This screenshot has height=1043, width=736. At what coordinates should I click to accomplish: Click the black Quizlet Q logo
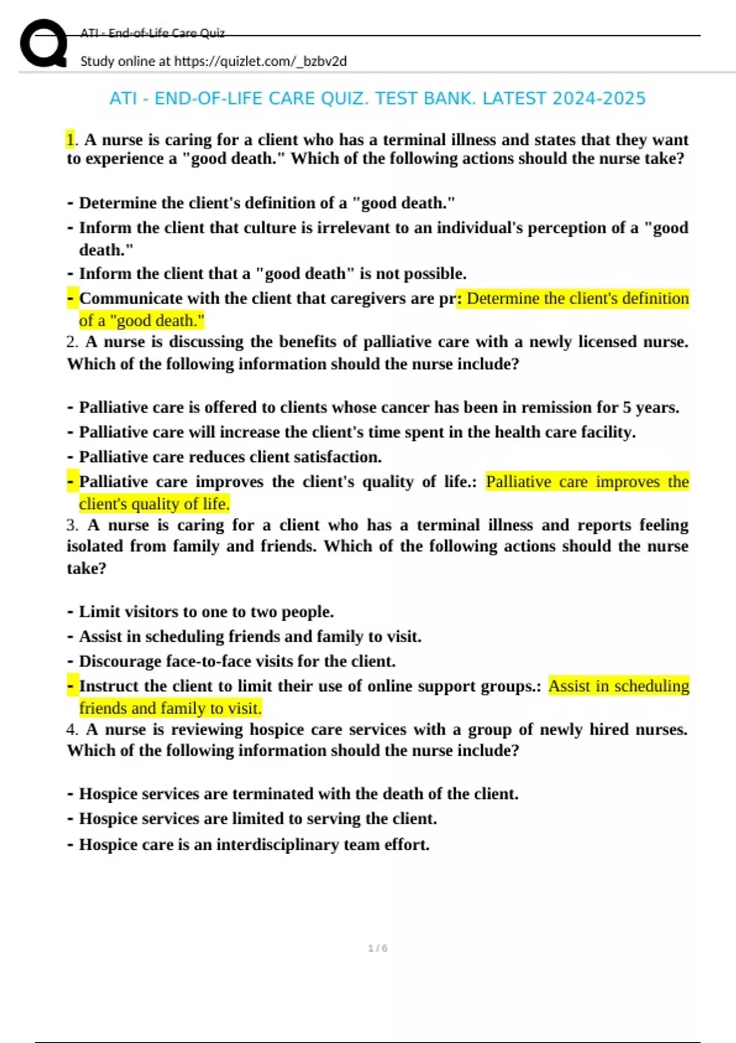click(43, 43)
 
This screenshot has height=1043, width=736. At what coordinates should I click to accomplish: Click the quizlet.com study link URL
click(260, 61)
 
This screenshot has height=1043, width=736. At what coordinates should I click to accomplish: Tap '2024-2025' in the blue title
click(599, 98)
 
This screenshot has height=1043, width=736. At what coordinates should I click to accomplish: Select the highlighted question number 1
click(70, 140)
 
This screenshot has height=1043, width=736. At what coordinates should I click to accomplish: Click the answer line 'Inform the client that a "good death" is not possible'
click(272, 274)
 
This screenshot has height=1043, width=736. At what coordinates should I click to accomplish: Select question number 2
click(72, 342)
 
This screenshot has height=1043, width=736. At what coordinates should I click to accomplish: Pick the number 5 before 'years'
click(627, 407)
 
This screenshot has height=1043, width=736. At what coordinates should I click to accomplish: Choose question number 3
click(72, 525)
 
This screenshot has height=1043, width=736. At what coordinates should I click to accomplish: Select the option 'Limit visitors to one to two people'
click(206, 612)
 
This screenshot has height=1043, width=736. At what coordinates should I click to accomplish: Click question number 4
click(72, 729)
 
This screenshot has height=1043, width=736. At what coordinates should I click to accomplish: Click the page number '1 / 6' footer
click(377, 949)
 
